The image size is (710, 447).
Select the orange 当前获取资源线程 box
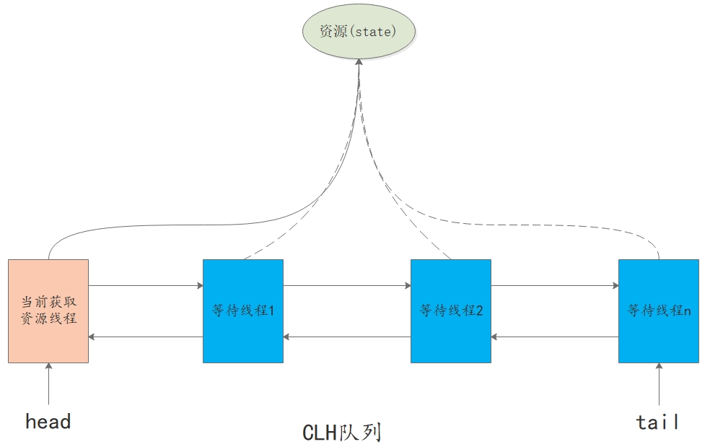pos(48,311)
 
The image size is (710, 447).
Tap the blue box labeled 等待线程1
pos(243,311)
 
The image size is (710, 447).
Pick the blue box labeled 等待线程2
pos(451,311)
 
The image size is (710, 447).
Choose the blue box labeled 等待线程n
pos(659,311)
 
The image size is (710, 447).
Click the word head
pos(48,421)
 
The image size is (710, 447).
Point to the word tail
pos(658,422)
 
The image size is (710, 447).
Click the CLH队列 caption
pos(341,432)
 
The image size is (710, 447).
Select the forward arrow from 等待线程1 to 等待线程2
pos(347,286)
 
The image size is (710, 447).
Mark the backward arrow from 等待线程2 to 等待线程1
pos(347,337)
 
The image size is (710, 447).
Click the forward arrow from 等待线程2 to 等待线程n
pos(555,286)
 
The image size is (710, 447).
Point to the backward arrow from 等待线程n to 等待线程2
pos(555,337)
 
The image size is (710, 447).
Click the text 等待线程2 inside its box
pos(451,311)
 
